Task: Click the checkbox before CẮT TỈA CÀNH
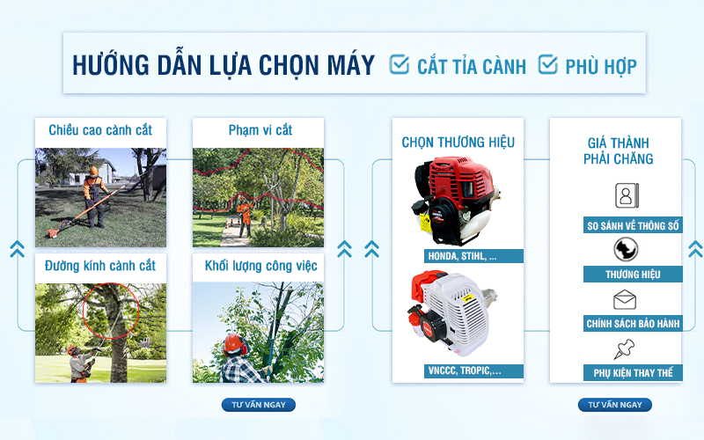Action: (x=400, y=64)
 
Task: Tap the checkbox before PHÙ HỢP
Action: (x=547, y=64)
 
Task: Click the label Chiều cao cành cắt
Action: (x=99, y=130)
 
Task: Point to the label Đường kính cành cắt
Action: (x=99, y=265)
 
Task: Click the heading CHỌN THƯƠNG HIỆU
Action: (x=458, y=143)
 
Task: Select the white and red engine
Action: (x=453, y=312)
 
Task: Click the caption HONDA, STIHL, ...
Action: (x=462, y=256)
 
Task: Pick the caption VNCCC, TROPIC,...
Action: (x=464, y=371)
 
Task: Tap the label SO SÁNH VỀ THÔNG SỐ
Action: (x=634, y=226)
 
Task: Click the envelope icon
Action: (x=625, y=300)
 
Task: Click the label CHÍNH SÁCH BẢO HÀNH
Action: (x=634, y=324)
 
